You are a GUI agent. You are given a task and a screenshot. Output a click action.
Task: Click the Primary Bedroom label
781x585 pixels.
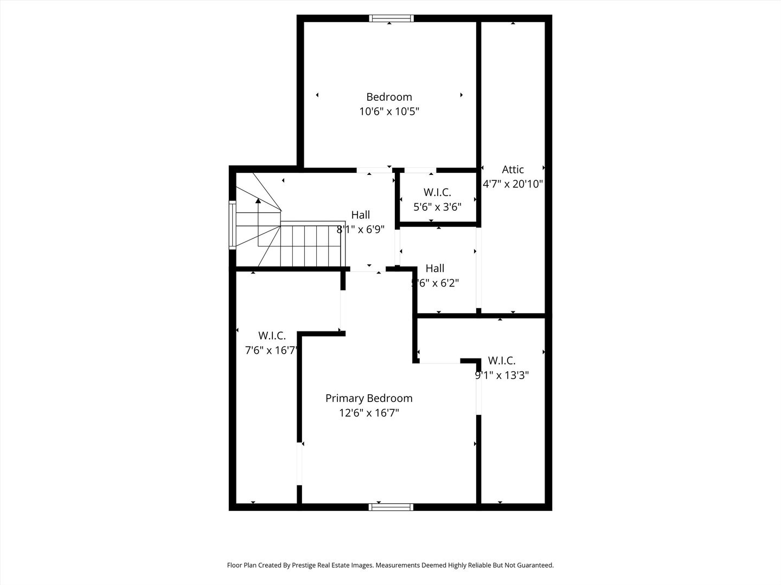tap(369, 398)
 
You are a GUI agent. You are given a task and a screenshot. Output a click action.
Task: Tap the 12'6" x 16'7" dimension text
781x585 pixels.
tap(369, 413)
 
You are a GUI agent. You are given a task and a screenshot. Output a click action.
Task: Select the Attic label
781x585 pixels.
tap(513, 170)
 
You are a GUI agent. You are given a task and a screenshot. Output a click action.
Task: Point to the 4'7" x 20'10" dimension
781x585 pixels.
tap(513, 184)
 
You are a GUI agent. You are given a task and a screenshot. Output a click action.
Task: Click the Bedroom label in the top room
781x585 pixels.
tap(389, 97)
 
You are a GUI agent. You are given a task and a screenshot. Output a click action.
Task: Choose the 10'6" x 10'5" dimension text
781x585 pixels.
tap(389, 112)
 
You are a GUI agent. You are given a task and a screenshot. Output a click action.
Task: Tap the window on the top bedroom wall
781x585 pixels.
tap(391, 18)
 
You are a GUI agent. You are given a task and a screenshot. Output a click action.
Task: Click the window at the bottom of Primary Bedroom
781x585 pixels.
tap(390, 507)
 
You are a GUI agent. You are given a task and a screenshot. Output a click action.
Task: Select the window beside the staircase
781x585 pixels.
tap(232, 224)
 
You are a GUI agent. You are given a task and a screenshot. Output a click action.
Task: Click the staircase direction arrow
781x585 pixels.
tap(258, 201)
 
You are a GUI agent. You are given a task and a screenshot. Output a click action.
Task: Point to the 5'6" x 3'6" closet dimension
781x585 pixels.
tap(437, 207)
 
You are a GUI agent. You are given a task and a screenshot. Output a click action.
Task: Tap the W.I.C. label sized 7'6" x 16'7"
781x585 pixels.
tap(272, 335)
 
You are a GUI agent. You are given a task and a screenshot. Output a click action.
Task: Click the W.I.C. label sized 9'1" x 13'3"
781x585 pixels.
tap(502, 360)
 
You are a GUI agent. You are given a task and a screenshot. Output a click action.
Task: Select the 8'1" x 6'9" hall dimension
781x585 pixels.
tap(361, 230)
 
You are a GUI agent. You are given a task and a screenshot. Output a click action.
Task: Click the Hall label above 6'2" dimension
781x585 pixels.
tap(435, 268)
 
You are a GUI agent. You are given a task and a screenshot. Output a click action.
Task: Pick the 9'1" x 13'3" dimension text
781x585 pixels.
tap(502, 375)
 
